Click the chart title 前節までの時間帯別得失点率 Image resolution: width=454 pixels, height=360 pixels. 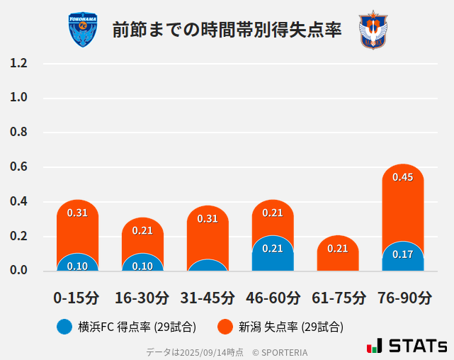[227, 30]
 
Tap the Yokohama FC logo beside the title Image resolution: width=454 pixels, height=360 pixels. [83, 30]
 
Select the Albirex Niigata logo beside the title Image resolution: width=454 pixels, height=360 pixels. [373, 30]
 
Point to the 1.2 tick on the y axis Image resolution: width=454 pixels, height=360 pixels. [18, 63]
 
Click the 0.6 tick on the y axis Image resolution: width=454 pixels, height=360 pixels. [18, 167]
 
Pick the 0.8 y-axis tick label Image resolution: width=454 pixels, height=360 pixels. [18, 133]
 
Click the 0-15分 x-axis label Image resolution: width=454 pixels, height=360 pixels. [77, 298]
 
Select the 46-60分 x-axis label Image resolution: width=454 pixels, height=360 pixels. [273, 298]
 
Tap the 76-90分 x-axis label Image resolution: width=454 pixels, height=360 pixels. [403, 298]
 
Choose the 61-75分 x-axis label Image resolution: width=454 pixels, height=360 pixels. [338, 298]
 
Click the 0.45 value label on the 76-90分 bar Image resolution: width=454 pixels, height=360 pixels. [403, 177]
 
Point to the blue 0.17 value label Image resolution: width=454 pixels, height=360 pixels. [403, 254]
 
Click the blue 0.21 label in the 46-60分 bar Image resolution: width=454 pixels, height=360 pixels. [273, 249]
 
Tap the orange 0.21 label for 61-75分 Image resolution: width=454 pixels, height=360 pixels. [338, 249]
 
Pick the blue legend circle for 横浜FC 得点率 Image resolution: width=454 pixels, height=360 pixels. [64, 327]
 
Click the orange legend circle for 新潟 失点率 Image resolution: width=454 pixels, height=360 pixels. [225, 327]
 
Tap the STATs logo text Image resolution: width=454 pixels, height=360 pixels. [418, 346]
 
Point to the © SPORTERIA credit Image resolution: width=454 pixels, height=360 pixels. [280, 352]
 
